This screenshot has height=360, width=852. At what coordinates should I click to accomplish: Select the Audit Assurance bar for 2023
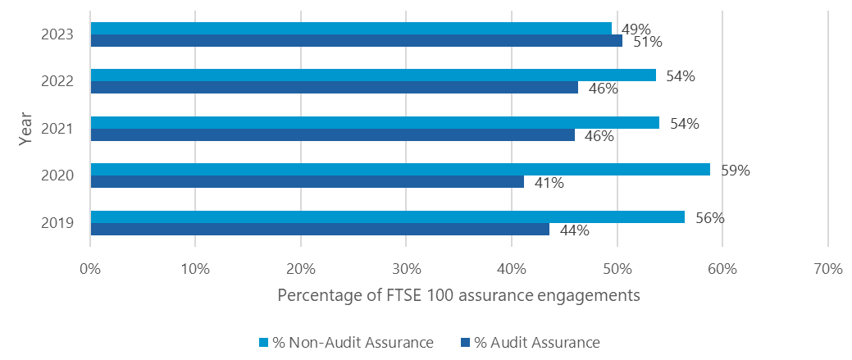pos(356,41)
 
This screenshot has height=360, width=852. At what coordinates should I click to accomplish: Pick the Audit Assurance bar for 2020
pos(307,182)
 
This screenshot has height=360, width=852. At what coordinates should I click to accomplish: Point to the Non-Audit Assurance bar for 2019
pos(387,216)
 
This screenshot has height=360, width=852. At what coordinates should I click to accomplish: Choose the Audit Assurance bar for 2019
pos(320,230)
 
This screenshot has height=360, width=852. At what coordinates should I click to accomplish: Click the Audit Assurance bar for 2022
pos(334,88)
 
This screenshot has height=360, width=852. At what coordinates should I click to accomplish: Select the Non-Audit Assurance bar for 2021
pos(375,123)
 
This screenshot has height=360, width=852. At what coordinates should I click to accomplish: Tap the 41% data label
pos(549,183)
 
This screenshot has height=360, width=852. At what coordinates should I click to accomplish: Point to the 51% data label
pos(647,42)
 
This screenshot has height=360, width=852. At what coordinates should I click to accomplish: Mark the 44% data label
pos(574,230)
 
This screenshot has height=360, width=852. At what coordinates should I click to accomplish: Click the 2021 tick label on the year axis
pos(58,129)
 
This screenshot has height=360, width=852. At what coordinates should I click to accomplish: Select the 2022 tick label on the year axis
pos(58,82)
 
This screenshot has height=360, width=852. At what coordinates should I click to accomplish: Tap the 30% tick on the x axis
pos(407,269)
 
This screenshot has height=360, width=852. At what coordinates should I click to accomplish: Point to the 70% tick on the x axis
pos(827,269)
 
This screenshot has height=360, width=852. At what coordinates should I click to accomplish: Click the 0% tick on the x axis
pos(90,269)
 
